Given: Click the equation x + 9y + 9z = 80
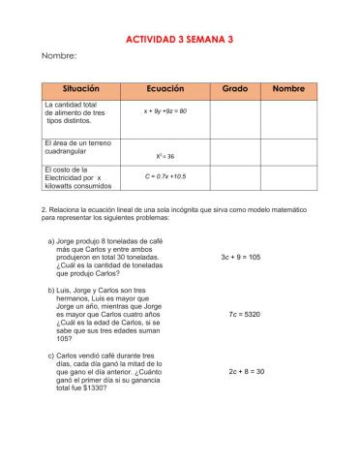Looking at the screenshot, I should (158, 111).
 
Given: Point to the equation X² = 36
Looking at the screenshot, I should (164, 155).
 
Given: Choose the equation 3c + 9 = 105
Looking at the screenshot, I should (241, 258).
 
